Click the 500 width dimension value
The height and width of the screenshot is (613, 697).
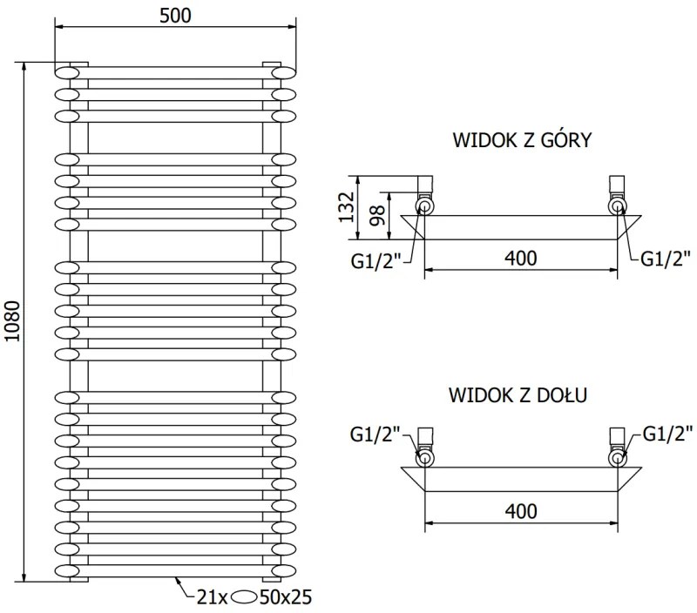(174, 15)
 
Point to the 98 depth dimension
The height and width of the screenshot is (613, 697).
(377, 215)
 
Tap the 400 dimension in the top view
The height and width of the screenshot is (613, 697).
(521, 258)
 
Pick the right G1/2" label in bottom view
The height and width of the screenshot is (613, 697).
(667, 432)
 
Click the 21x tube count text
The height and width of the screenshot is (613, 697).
(212, 596)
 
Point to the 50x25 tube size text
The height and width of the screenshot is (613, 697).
(287, 596)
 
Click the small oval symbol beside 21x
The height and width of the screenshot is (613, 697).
(247, 597)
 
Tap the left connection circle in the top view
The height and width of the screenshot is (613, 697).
(424, 206)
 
